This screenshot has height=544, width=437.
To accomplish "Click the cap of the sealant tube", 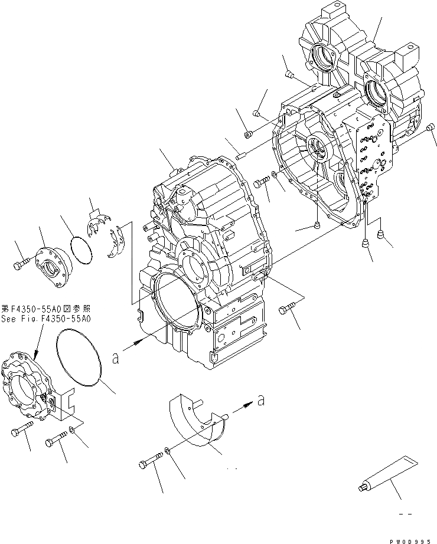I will pyautogui.click(x=361, y=488).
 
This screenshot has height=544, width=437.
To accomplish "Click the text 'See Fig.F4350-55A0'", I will pyautogui.click(x=45, y=319).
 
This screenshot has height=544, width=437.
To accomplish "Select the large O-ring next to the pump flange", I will pyautogui.click(x=80, y=359).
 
